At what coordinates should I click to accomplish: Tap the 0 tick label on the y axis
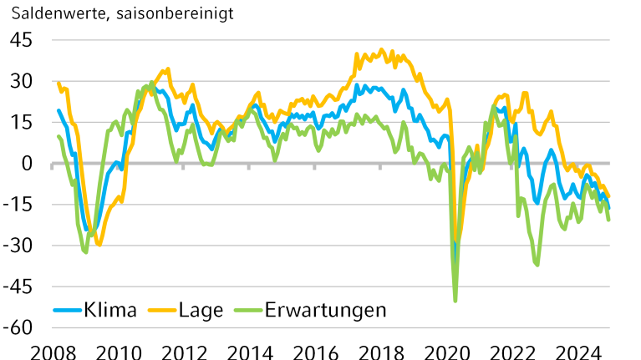[x=28, y=163]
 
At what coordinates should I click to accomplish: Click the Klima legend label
[x=110, y=310]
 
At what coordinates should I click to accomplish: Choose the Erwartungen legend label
[x=325, y=310]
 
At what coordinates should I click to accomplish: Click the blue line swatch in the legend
[x=68, y=311]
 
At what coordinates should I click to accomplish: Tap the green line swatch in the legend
[x=247, y=311]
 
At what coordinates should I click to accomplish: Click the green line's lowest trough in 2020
[x=455, y=301]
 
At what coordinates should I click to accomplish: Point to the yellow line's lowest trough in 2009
[x=99, y=244]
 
